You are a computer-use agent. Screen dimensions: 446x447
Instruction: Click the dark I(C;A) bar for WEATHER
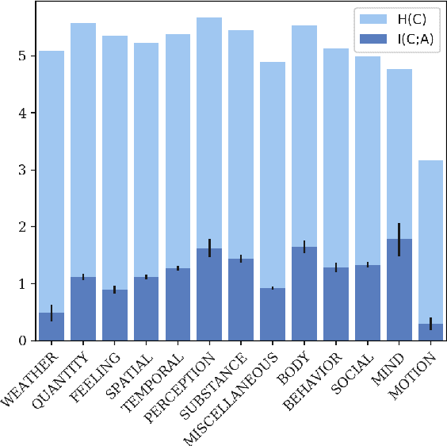[52, 327]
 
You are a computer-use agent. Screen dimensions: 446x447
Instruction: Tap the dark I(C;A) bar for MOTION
[430, 333]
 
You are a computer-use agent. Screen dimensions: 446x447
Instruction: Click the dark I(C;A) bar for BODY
[304, 294]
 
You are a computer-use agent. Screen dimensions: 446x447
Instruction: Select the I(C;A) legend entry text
[411, 37]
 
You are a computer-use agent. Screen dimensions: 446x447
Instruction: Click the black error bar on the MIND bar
[399, 239]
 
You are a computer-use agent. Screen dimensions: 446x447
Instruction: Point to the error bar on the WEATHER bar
[52, 313]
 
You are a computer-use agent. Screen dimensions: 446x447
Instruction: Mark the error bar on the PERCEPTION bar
[209, 248]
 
